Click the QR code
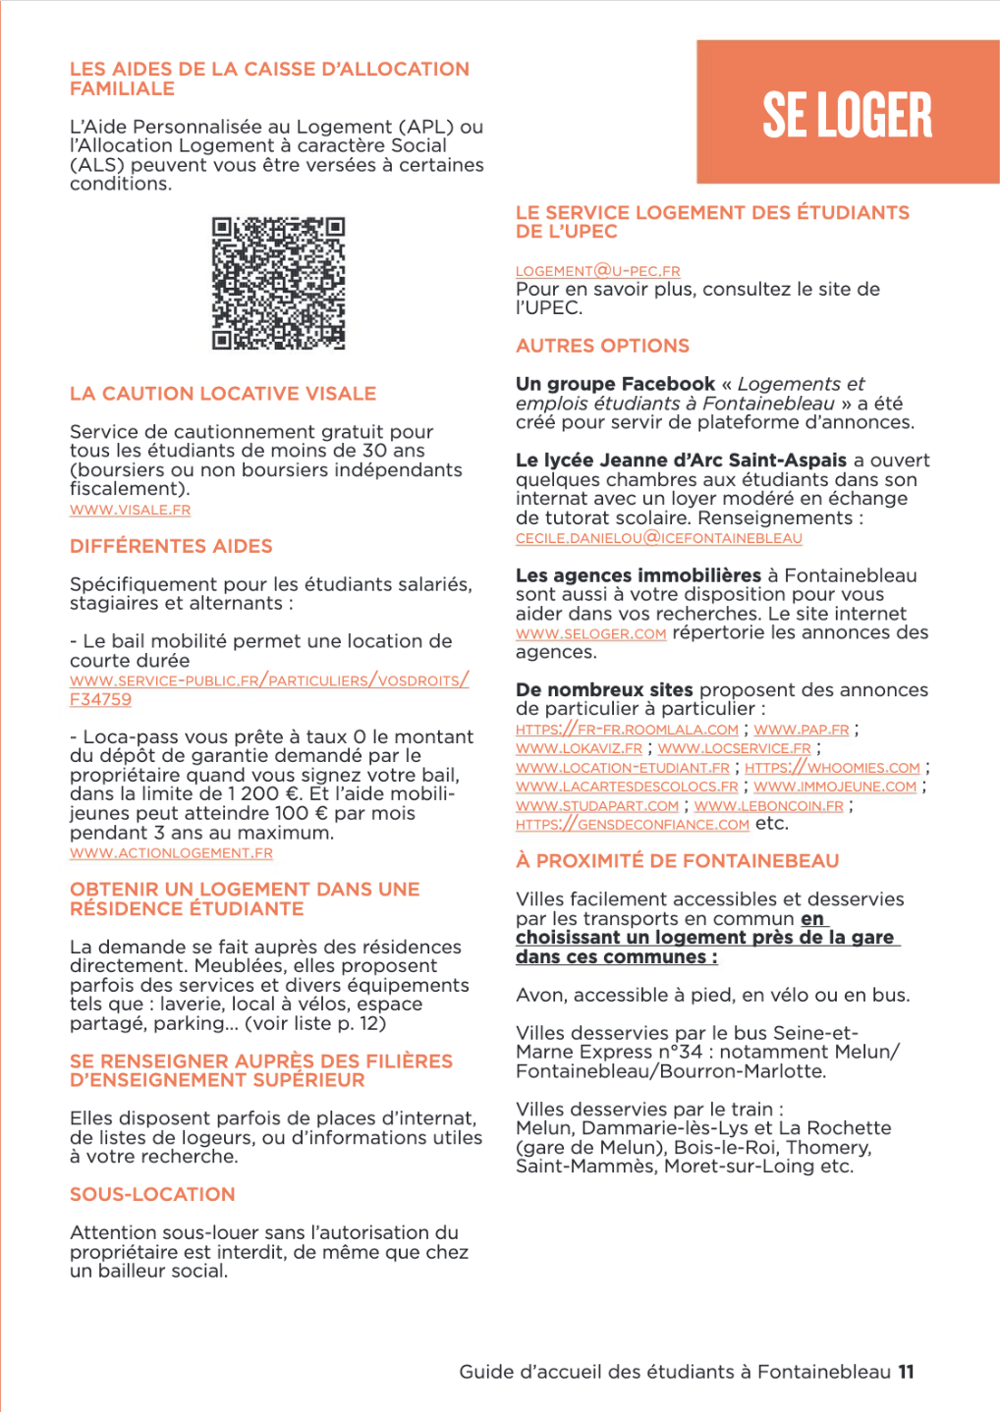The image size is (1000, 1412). (279, 283)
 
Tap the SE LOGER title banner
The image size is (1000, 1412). (848, 113)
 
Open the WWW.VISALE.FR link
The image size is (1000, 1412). (130, 510)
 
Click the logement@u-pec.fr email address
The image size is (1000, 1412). (597, 271)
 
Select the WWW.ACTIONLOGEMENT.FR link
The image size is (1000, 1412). (171, 853)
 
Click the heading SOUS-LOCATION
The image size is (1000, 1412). (152, 1194)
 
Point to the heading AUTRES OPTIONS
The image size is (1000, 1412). (602, 346)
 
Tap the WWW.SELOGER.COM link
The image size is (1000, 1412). (590, 634)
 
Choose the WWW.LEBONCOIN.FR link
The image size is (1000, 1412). (768, 806)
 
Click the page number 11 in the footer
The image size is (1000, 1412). (906, 1372)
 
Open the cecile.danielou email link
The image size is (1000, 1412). (658, 538)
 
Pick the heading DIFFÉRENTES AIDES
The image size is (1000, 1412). (171, 546)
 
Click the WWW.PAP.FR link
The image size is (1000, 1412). (801, 730)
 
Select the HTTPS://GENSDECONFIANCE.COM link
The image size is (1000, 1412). (632, 825)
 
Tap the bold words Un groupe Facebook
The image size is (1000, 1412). (615, 384)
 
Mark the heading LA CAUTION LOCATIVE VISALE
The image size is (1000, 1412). (223, 394)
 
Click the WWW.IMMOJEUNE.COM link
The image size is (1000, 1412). (835, 787)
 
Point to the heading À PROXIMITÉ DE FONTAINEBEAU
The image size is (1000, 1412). (677, 861)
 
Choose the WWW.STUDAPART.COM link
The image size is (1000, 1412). (596, 806)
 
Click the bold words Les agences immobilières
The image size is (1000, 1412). (638, 575)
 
